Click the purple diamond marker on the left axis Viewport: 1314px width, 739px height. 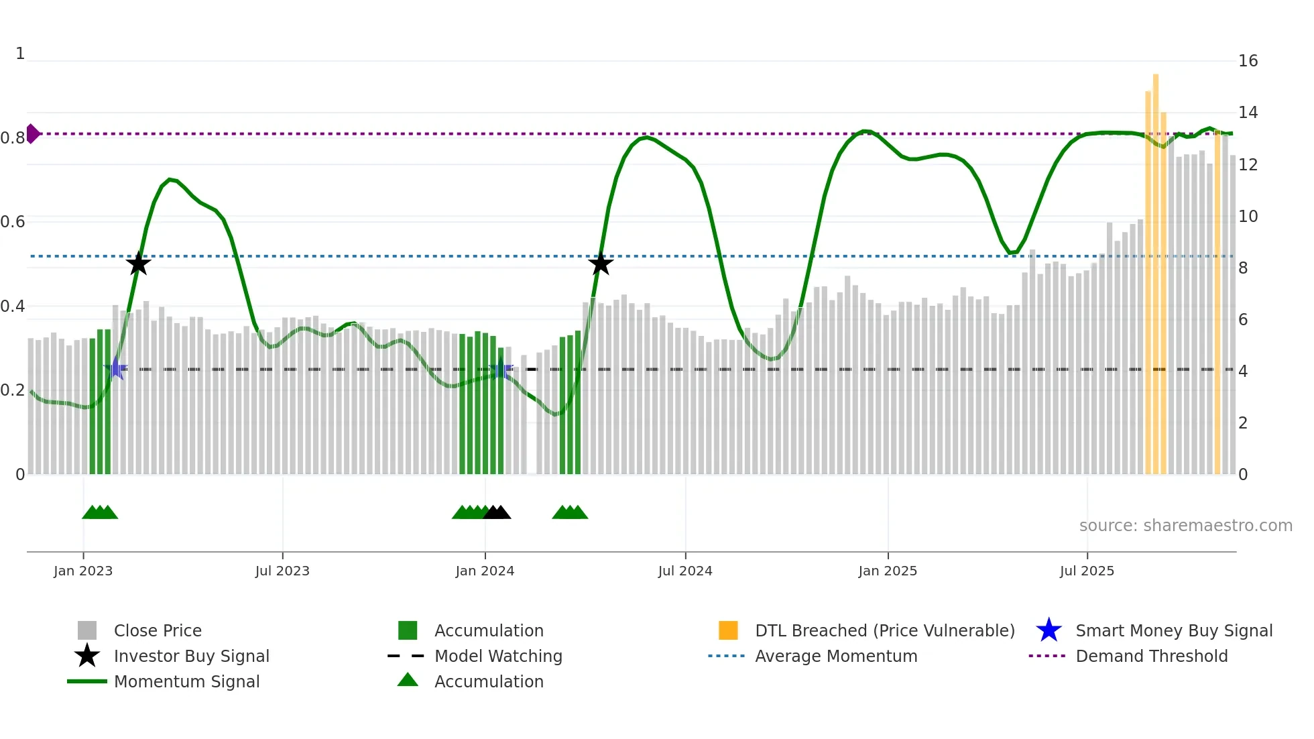coord(32,133)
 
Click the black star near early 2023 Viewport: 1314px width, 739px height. coord(138,264)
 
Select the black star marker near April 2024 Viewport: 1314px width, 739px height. coord(601,264)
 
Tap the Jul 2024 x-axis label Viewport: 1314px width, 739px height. coord(685,571)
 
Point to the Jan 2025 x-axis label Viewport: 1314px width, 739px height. coord(888,571)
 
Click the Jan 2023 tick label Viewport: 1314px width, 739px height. coord(83,571)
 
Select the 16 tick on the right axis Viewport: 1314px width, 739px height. coord(1248,61)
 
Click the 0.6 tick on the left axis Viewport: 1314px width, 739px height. coord(13,222)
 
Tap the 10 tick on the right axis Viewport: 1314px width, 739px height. coord(1248,217)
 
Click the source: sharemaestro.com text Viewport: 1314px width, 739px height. coord(1185,526)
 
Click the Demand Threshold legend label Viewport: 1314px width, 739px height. coord(1151,656)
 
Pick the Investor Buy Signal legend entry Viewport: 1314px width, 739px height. coord(191,656)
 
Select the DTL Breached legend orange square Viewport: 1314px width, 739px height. coord(728,630)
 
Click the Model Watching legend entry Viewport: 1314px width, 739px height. coord(498,656)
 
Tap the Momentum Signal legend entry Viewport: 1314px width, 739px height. coord(186,681)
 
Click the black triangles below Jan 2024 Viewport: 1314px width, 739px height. coord(497,512)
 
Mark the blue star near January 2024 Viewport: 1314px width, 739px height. coord(500,369)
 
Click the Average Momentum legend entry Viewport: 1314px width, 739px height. coord(835,656)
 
